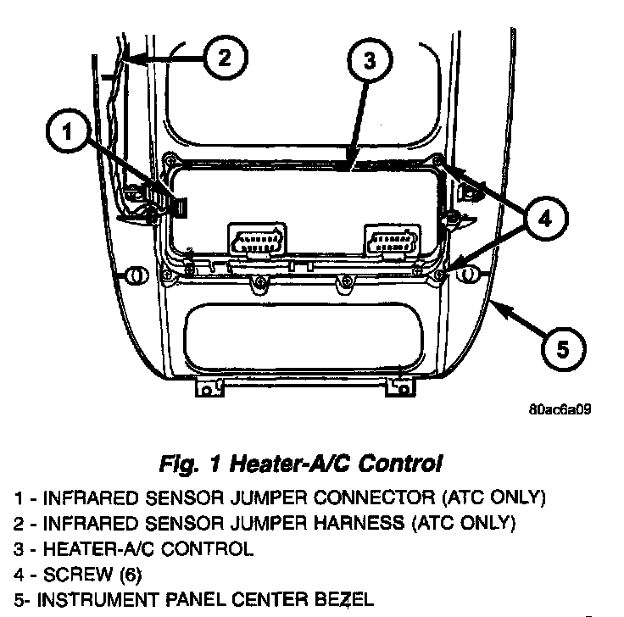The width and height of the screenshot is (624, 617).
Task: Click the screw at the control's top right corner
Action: [x=437, y=159]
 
